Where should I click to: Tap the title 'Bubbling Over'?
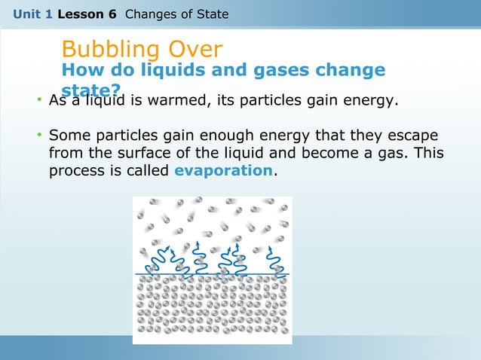(142, 50)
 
